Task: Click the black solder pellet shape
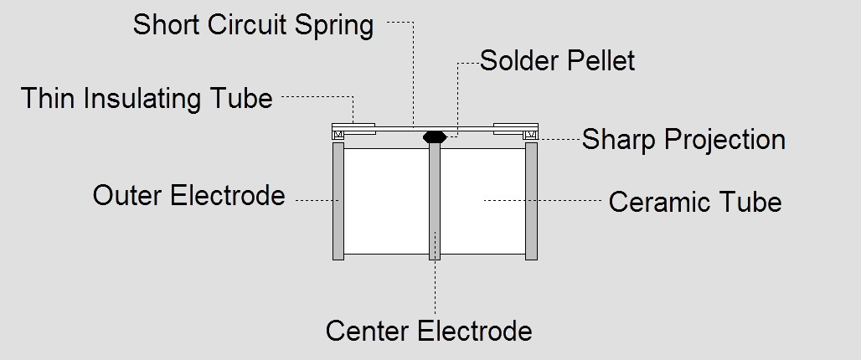434,136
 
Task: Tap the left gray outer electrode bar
338,201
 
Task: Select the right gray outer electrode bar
531,201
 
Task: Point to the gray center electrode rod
434,201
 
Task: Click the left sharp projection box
339,136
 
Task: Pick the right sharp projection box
530,136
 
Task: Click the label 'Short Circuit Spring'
253,25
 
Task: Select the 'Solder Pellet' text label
557,61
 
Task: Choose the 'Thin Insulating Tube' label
147,99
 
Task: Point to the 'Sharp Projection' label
683,139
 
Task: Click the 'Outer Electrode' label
188,196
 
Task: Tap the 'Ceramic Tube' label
694,202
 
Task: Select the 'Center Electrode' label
429,331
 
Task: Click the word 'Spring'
333,25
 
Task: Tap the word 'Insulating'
143,99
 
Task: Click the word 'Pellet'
601,61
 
